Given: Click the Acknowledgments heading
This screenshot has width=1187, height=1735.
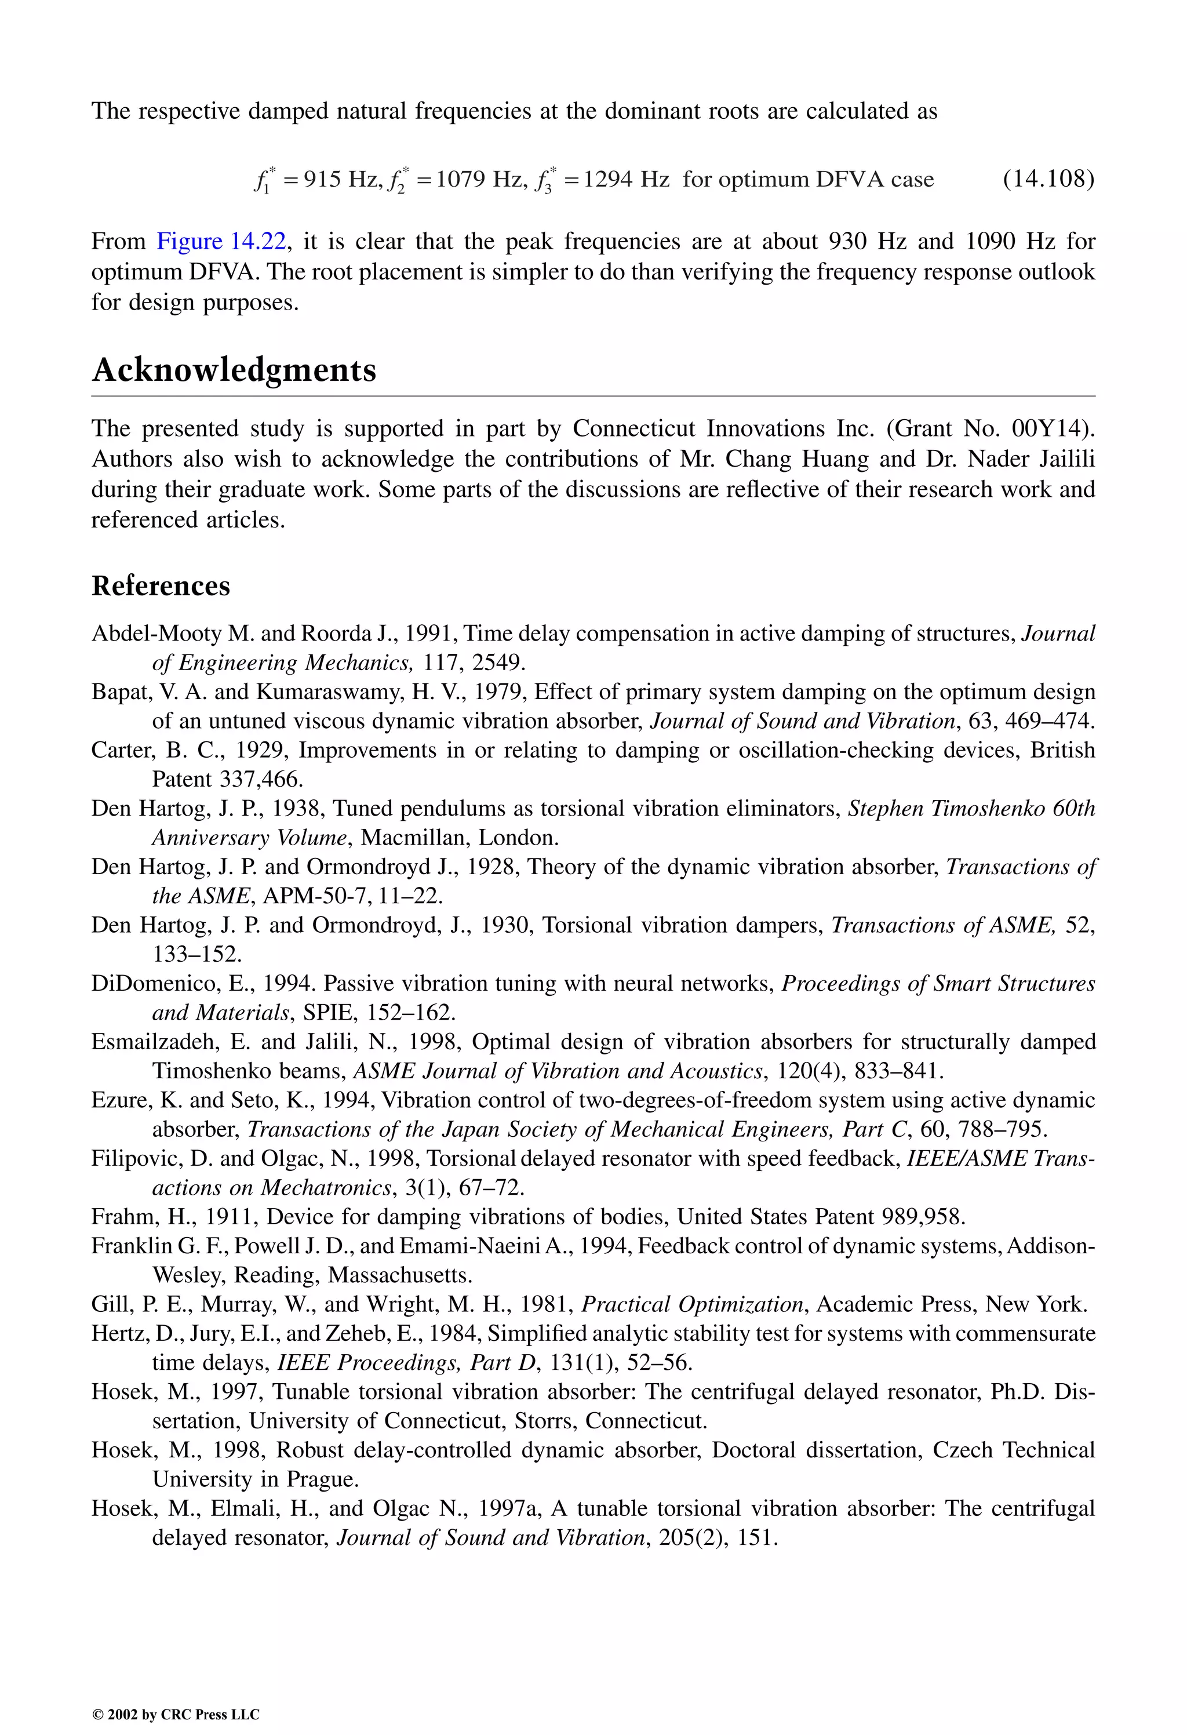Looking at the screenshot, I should (x=234, y=371).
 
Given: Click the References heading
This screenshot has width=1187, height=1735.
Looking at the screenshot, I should (x=161, y=586).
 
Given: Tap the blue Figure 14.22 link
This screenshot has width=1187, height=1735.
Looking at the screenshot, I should (x=221, y=241).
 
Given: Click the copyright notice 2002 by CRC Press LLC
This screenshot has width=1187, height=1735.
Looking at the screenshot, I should (x=176, y=1714).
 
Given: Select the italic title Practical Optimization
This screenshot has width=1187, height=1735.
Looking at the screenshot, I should (x=692, y=1304).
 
